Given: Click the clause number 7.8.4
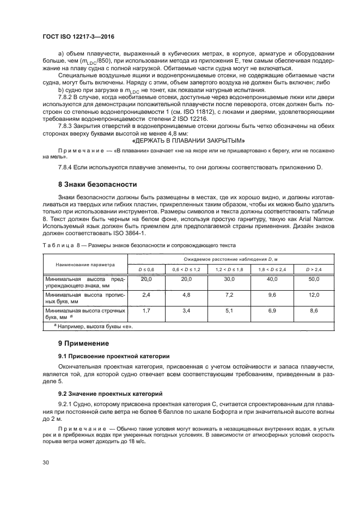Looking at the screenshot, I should point(67,167).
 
